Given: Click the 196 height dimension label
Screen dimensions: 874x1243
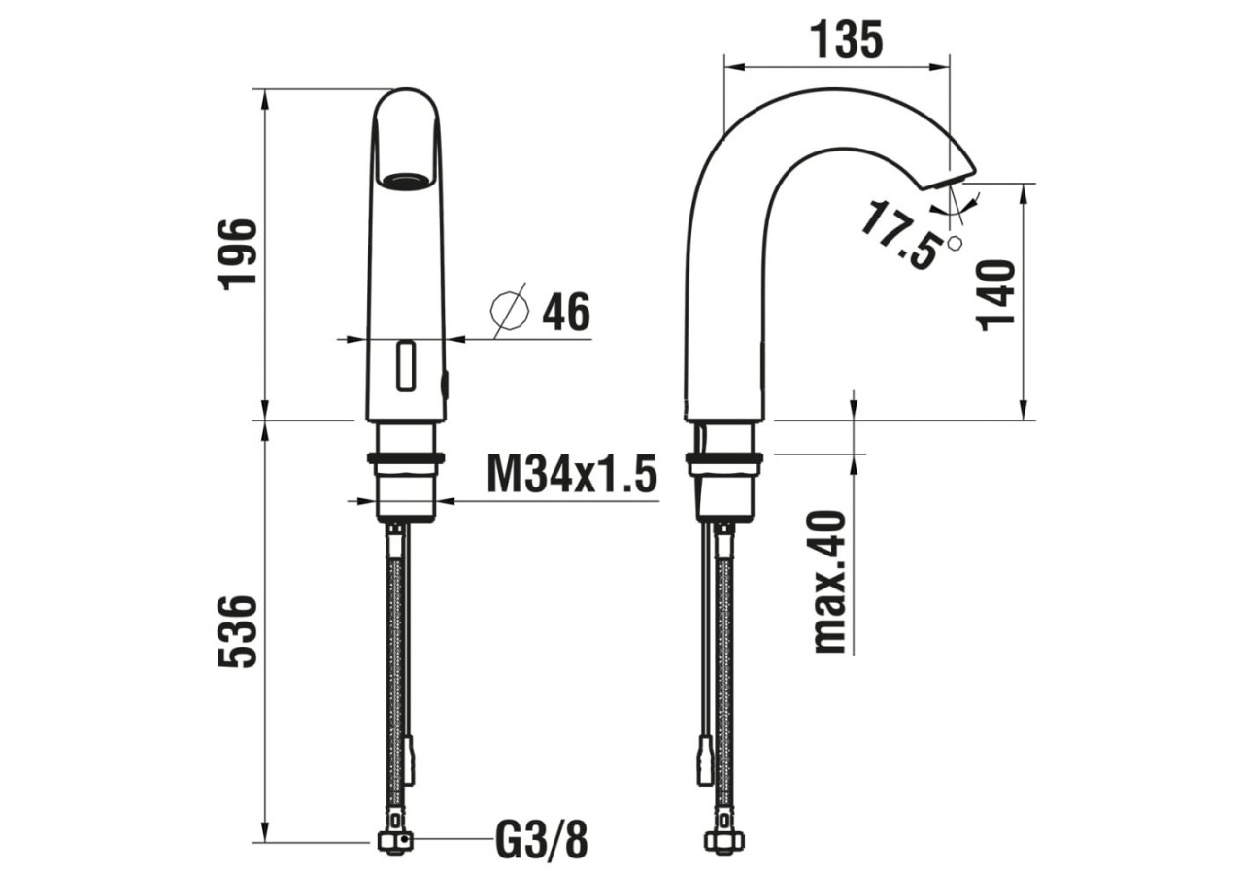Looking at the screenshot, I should pyautogui.click(x=238, y=253).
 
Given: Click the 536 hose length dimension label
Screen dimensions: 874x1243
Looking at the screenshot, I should pyautogui.click(x=238, y=630).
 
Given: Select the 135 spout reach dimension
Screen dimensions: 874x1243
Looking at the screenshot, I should pyautogui.click(x=847, y=40).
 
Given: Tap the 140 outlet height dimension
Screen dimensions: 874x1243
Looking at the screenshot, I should pyautogui.click(x=996, y=294).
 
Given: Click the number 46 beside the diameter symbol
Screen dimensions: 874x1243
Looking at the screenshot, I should pyautogui.click(x=565, y=313).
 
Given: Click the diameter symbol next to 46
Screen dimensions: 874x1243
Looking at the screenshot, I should pyautogui.click(x=510, y=311).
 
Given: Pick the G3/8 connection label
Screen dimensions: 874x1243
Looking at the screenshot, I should pyautogui.click(x=544, y=840).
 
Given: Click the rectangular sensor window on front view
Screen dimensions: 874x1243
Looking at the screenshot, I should pyautogui.click(x=406, y=365).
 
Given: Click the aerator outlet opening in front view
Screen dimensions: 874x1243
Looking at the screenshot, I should pyautogui.click(x=406, y=180).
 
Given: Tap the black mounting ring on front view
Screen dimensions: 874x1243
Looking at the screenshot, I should pyautogui.click(x=406, y=457).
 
